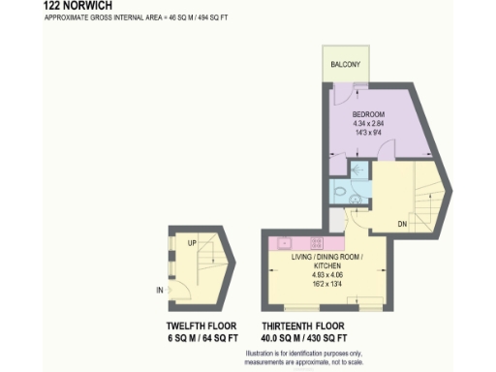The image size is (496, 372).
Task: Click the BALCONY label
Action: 345,64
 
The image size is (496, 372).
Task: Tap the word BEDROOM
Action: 368,114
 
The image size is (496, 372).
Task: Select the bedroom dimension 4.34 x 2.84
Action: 368,123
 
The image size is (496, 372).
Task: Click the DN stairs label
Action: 375,224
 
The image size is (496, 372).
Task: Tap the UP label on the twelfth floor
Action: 192,243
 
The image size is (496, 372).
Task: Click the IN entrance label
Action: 159,290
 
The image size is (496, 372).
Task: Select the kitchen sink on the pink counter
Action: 286,242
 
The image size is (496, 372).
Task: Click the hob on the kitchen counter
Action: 314,241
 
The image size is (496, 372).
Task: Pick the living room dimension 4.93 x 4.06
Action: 326,274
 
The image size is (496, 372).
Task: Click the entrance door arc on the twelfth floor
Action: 176,287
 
